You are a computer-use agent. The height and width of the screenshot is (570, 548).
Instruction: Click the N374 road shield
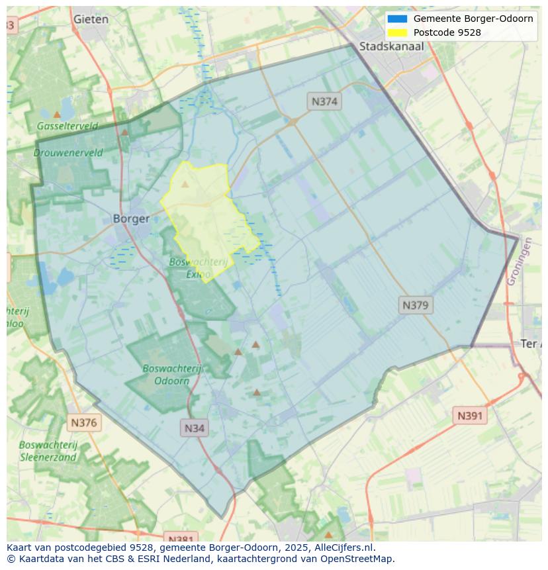coord(324,101)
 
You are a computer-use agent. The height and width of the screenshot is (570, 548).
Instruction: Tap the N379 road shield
coord(416,305)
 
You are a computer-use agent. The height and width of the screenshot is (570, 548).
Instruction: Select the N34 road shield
coord(194,428)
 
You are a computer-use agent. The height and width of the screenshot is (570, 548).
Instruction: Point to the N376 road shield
coord(83,422)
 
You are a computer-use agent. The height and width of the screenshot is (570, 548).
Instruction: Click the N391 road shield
coord(470,416)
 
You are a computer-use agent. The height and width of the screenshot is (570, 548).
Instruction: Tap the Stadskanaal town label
coord(391,46)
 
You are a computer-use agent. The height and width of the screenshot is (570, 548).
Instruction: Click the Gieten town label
coord(91,19)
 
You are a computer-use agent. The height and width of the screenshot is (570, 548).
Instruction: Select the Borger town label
coord(131,218)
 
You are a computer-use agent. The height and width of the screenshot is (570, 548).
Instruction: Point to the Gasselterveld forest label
coord(68,126)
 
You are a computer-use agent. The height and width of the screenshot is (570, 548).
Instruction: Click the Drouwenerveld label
coord(68,152)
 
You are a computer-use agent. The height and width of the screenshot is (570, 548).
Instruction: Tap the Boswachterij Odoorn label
coord(171,374)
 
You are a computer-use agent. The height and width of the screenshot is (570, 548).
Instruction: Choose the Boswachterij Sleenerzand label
coord(48,450)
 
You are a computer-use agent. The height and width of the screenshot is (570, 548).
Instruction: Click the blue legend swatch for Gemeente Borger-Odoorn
coord(397,19)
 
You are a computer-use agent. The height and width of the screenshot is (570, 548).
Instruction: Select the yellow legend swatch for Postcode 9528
coord(397,32)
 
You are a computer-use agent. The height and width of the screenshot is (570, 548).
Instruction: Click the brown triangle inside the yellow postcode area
coord(185,184)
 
